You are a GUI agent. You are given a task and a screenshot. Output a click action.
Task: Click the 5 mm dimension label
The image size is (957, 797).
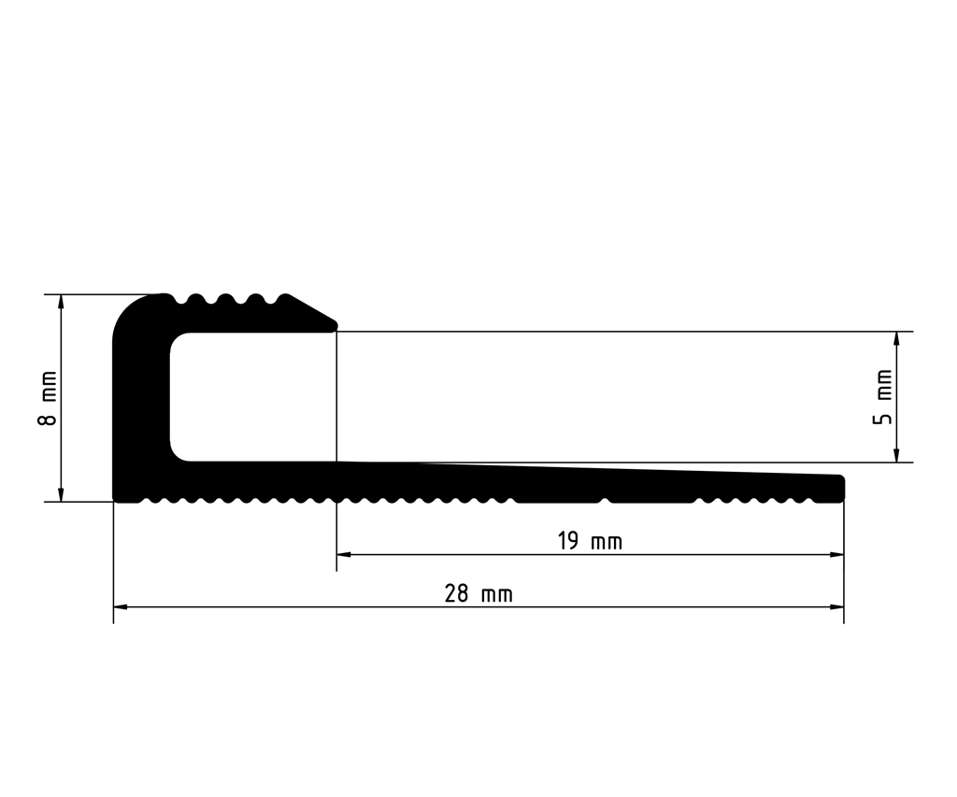[x=881, y=397]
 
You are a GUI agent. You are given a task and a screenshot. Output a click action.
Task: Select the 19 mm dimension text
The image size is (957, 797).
[x=590, y=541]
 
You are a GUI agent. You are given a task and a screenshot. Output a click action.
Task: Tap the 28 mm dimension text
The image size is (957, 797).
[x=478, y=594]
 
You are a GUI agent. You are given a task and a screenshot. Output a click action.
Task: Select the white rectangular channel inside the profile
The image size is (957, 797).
[x=252, y=396]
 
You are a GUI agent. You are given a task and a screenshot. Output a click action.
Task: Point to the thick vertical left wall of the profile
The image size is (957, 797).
[x=140, y=402]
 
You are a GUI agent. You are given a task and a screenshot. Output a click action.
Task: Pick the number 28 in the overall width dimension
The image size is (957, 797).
[x=457, y=594]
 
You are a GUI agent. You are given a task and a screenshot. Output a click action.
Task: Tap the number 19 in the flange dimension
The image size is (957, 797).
[x=568, y=541]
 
